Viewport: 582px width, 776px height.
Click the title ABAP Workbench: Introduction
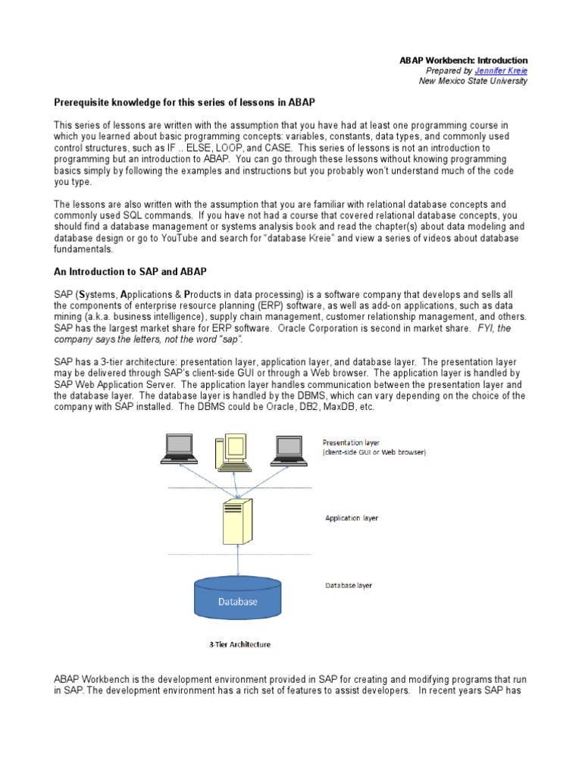(463, 61)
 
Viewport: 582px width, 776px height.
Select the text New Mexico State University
(473, 82)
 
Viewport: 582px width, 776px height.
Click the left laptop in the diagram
(180, 450)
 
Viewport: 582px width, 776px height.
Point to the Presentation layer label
(351, 442)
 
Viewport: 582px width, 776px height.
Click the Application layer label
(351, 518)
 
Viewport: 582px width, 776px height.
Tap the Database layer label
(349, 586)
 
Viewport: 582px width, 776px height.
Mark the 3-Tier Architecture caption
(239, 645)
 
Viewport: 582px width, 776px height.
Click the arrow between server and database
(239, 562)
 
